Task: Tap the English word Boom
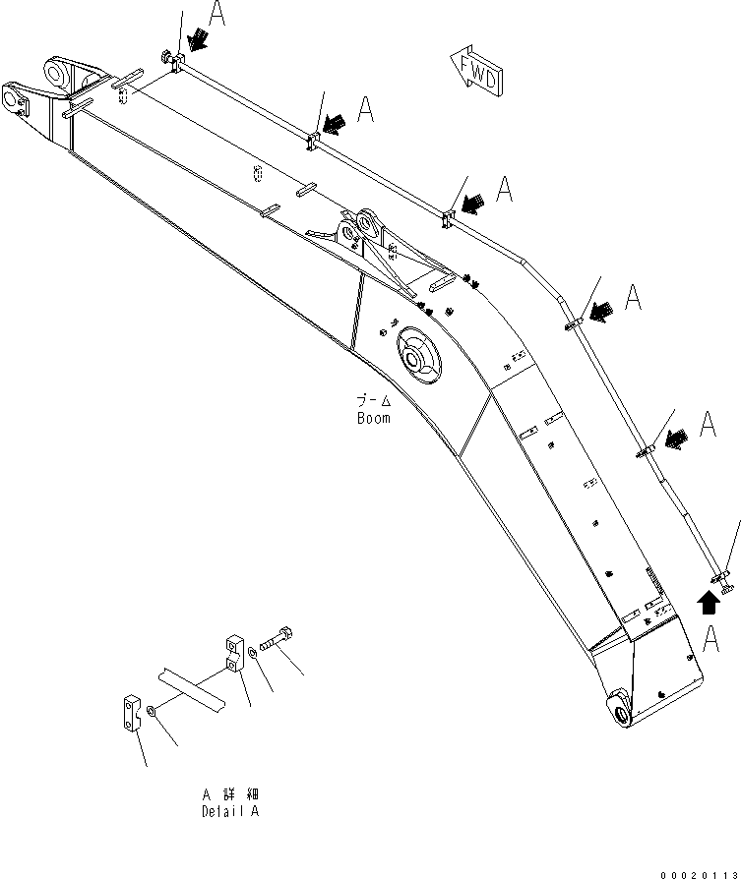coord(373,418)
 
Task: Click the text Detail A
coord(230,811)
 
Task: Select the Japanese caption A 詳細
coord(229,793)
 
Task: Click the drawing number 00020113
coord(697,870)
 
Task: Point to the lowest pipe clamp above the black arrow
coord(723,578)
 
